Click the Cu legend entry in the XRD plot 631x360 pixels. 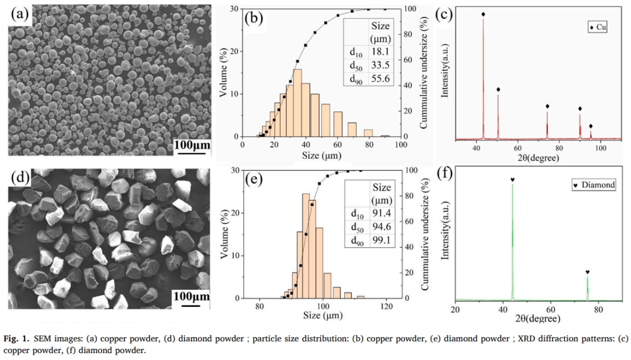(x=597, y=27)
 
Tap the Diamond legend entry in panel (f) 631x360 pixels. (x=594, y=185)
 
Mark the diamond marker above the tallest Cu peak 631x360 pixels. (x=483, y=15)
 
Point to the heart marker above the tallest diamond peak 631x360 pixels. (x=512, y=179)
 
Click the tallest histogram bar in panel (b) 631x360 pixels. (x=297, y=102)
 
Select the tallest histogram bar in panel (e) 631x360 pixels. (x=306, y=245)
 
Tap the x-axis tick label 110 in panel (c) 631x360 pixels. (x=620, y=148)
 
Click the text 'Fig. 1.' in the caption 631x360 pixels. (x=18, y=339)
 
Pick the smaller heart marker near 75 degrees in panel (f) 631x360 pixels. (x=587, y=272)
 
